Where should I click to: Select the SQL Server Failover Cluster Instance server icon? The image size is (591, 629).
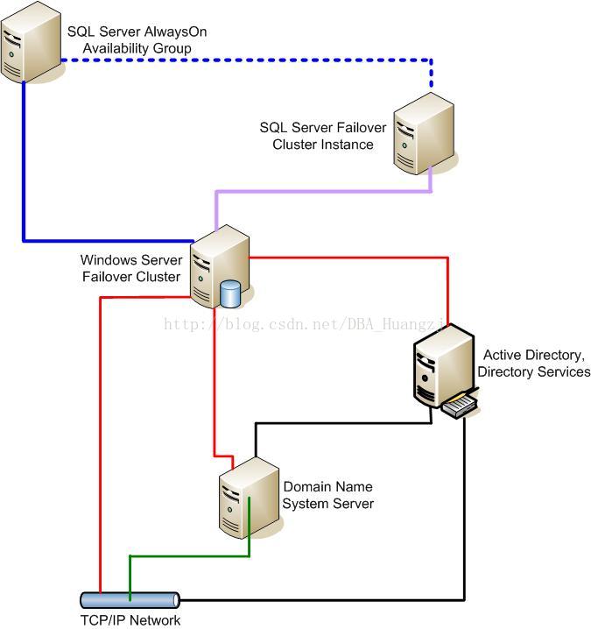424,133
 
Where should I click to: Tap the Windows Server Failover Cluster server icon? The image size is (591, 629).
220,266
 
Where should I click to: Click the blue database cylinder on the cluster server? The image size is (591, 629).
230,294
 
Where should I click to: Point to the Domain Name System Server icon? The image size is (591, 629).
249,498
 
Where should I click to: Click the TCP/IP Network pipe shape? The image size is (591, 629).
130,600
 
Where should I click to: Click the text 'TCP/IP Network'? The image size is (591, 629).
130,620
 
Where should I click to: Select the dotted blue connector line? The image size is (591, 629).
247,60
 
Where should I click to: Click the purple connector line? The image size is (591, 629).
323,192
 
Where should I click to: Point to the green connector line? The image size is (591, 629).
190,556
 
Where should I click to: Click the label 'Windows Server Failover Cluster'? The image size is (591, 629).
131,268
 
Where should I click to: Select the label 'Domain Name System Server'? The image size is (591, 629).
328,495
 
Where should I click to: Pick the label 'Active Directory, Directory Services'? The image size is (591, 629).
534,364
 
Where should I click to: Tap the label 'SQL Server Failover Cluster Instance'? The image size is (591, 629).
323,136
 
